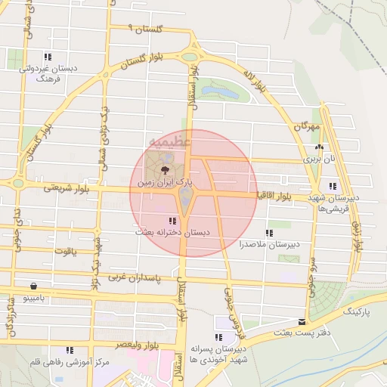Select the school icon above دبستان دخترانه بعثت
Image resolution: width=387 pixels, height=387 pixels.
coord(173,221)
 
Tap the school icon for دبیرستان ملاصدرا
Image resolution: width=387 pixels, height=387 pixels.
coord(268,233)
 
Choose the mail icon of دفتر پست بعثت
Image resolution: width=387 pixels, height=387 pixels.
coord(302,323)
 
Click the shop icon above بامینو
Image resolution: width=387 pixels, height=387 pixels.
coord(34,286)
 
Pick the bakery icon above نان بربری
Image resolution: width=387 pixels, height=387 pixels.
coord(319,147)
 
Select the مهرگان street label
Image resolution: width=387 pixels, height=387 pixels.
coord(308,126)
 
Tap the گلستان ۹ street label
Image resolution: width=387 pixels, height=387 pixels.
coord(146,28)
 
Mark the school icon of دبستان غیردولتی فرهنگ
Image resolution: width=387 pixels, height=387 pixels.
coord(47,57)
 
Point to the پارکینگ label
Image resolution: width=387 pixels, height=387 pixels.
coord(359,311)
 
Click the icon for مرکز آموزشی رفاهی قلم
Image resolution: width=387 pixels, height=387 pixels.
coord(70,351)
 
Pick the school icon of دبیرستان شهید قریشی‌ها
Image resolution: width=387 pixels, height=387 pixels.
coord(333,186)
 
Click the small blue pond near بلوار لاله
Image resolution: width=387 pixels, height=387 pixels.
coord(218,93)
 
